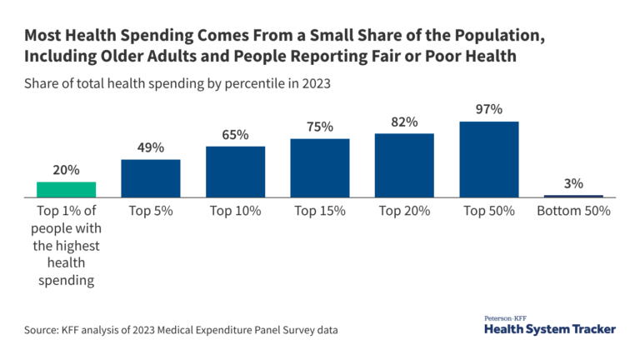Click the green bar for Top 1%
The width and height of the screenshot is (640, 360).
tap(66, 189)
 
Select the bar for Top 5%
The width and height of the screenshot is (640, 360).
tap(151, 177)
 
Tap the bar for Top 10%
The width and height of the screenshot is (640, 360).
tap(235, 172)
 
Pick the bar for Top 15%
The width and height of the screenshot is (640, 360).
tap(320, 167)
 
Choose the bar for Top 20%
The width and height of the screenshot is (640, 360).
tap(404, 165)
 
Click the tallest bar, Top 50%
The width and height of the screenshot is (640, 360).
tap(489, 159)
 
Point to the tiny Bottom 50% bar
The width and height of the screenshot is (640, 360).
tap(573, 196)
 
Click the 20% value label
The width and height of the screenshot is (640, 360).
tap(66, 170)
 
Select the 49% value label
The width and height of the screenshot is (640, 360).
tap(151, 147)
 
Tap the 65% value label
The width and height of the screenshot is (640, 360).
tap(235, 135)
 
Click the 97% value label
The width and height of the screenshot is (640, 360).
tap(489, 110)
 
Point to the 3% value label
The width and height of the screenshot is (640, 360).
tap(573, 183)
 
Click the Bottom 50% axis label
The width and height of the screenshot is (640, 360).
tap(573, 212)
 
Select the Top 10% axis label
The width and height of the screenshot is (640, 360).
tap(235, 212)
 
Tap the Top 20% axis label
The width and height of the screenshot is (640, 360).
tap(404, 212)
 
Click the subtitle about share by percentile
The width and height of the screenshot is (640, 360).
tap(179, 84)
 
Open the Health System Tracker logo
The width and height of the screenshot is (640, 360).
tap(550, 325)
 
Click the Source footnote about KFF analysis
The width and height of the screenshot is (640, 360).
tap(181, 330)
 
